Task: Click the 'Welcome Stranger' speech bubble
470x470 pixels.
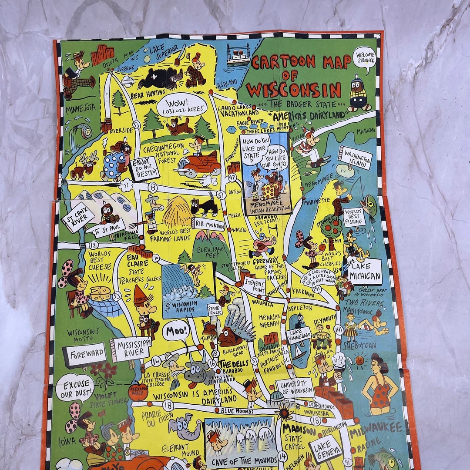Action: [x=364, y=58]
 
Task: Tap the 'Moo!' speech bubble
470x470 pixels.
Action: [x=177, y=330]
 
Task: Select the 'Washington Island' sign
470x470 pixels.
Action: [x=355, y=158]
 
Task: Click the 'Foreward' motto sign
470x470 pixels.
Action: [x=84, y=354]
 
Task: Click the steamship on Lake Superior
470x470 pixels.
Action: [x=238, y=54]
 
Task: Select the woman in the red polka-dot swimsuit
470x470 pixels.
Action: [x=379, y=385]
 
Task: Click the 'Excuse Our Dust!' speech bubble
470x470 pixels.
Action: [x=74, y=387]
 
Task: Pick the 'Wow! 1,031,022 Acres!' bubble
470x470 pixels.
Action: [x=182, y=105]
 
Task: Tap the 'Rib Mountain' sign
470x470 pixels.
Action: [x=209, y=224]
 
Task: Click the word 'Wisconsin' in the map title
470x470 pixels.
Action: [x=294, y=90]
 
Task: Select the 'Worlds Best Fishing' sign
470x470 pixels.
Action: [x=354, y=216]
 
